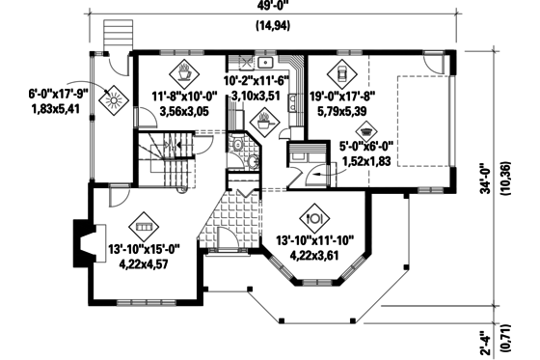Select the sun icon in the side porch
click(113, 97)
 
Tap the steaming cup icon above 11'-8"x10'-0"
click(184, 70)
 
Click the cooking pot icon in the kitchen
click(261, 122)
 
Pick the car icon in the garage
click(340, 70)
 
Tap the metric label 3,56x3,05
click(183, 111)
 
